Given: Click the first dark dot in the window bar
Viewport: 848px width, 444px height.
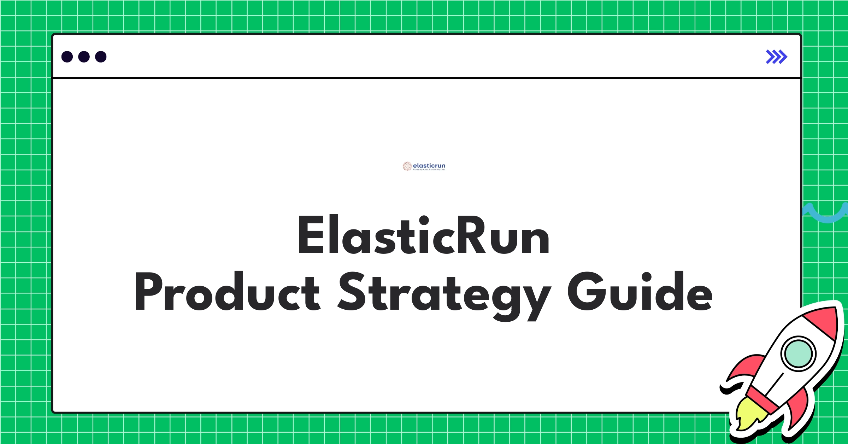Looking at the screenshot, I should [x=67, y=57].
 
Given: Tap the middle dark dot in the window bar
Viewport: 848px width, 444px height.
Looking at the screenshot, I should [x=84, y=57].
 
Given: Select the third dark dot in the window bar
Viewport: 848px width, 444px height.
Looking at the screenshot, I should [x=101, y=57].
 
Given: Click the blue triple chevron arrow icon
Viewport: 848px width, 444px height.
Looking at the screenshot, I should [x=776, y=57].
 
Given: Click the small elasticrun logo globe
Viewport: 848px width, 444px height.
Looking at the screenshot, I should [x=407, y=166].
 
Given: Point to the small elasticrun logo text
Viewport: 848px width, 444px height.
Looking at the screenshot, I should [x=429, y=166].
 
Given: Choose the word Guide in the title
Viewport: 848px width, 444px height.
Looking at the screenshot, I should [x=640, y=292].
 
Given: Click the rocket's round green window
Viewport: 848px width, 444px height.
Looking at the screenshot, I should [x=798, y=354].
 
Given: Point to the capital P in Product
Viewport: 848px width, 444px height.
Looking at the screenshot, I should [x=148, y=292].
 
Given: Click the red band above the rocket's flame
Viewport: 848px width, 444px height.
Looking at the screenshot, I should [x=763, y=399].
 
